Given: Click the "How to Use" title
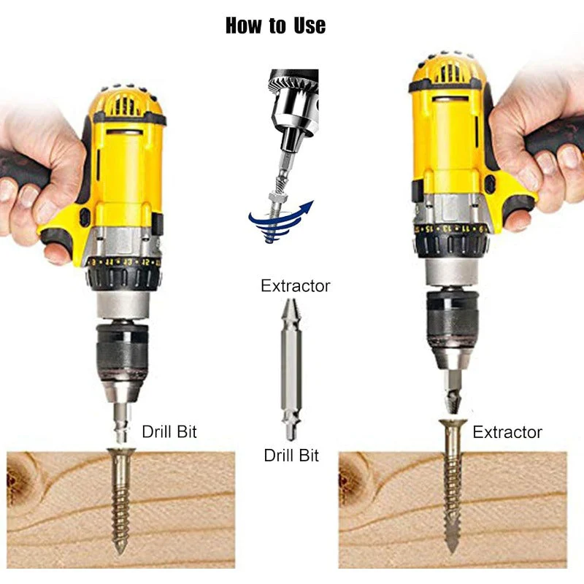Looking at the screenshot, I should pyautogui.click(x=275, y=26).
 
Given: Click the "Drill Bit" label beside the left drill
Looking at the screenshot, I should pyautogui.click(x=169, y=431).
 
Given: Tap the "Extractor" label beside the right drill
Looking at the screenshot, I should pyautogui.click(x=507, y=432).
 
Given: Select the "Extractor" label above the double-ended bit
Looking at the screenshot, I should pyautogui.click(x=295, y=285).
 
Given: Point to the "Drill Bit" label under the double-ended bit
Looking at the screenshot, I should pyautogui.click(x=291, y=456).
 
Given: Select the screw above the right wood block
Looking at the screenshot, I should pyautogui.click(x=452, y=482).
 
